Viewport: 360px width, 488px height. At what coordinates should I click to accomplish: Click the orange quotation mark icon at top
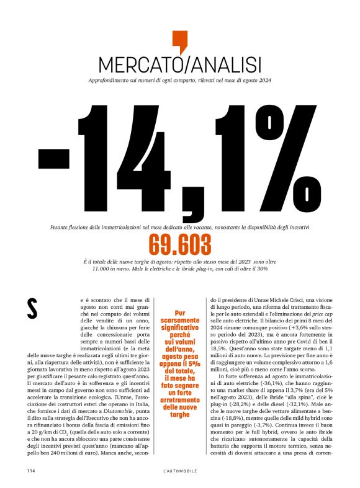tap(179, 41)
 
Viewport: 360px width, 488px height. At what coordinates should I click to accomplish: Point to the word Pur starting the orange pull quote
tap(180, 313)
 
